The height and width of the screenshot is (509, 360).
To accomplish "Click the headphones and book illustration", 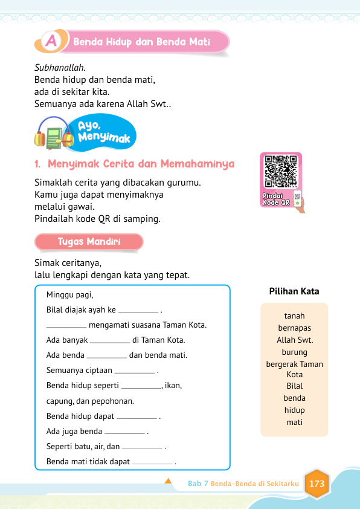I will pos(54,135).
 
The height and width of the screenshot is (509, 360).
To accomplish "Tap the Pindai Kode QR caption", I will pos(277,199).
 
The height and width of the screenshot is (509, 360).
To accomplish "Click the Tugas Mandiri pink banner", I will pos(89,242).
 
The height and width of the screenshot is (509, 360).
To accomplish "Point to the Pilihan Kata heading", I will pos(294,291).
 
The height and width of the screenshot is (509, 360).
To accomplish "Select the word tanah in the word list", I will pos(294,316).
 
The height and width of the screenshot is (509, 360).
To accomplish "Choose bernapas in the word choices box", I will pos(294,328).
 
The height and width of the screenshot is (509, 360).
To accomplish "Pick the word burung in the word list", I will pos(294,352).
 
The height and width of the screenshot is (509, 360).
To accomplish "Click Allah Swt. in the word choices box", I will pos(294,340).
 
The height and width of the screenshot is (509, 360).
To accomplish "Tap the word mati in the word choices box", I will pos(294,422).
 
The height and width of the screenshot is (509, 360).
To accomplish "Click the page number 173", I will pos(317,484).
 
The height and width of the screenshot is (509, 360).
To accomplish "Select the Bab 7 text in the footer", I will pos(198,484).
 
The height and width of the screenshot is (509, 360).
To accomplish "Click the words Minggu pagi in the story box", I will pos(70,295).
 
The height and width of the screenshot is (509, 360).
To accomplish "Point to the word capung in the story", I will pos(58,401).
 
